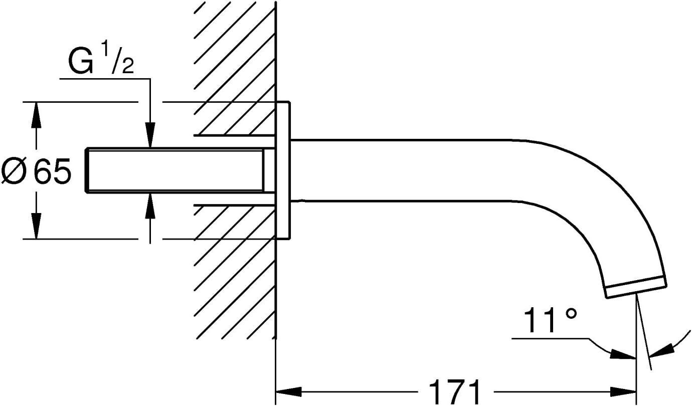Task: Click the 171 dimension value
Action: [x=455, y=391]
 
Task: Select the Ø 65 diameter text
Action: [x=37, y=171]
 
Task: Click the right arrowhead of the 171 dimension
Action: [x=623, y=392]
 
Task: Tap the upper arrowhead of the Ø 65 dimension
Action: [x=37, y=114]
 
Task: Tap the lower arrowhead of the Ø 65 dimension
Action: [x=37, y=226]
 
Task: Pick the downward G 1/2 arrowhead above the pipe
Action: [x=150, y=135]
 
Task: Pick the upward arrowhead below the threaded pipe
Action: [x=150, y=206]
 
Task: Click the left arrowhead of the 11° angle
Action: [x=623, y=355]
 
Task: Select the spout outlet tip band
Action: [x=636, y=287]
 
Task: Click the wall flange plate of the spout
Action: [x=283, y=170]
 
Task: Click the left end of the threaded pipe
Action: [x=86, y=170]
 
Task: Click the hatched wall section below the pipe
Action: [x=235, y=272]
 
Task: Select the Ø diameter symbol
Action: [x=13, y=171]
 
